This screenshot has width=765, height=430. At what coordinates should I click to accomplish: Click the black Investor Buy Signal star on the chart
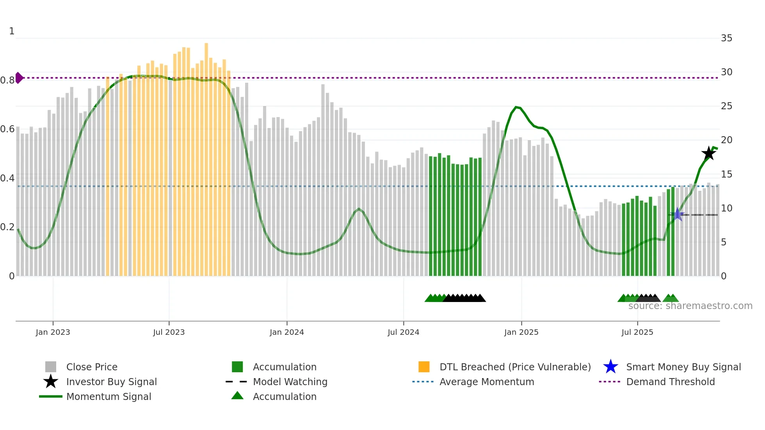tap(708, 153)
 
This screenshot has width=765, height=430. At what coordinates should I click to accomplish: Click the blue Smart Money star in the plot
tap(678, 214)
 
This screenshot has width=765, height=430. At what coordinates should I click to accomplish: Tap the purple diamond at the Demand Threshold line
tap(19, 78)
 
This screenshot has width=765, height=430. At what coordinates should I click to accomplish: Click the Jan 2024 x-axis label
tap(286, 332)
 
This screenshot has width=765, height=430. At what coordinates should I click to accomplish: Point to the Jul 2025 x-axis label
tap(637, 332)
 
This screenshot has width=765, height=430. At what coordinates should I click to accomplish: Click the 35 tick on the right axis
tap(726, 38)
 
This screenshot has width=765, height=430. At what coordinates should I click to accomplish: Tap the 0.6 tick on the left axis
tap(7, 129)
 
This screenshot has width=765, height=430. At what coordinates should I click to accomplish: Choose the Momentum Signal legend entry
tap(109, 396)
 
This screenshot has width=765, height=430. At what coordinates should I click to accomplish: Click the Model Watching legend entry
tap(290, 382)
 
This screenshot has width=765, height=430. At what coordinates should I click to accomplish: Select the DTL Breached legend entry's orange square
tap(424, 367)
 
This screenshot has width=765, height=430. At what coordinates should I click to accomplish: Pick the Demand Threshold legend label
tap(670, 382)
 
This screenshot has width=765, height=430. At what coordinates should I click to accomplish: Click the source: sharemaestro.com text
tap(690, 306)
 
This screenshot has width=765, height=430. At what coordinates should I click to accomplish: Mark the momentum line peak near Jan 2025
tap(516, 107)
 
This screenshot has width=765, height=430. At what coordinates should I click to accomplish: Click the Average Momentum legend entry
tap(486, 382)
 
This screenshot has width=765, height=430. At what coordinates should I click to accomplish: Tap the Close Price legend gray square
tap(51, 367)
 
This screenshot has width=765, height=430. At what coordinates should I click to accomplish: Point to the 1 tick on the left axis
tap(12, 31)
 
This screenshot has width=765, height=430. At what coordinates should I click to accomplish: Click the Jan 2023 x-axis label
tap(53, 332)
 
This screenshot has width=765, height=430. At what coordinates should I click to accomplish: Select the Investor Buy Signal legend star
tap(51, 382)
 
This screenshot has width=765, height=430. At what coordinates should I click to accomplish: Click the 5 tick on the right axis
tap(723, 242)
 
